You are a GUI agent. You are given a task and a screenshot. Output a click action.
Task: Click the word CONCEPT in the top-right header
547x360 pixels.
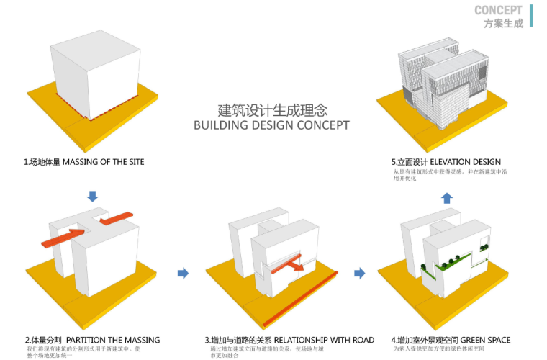point(498,10)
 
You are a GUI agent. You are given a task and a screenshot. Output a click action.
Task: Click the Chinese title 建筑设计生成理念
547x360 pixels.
point(272,111)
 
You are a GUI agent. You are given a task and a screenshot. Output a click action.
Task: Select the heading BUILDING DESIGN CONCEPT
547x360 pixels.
point(272,125)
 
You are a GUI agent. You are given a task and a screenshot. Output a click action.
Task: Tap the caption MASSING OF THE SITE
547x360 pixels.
point(103,162)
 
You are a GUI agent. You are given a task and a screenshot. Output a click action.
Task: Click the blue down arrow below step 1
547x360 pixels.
point(92,196)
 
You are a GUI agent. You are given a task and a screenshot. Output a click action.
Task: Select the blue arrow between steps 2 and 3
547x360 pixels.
point(183,273)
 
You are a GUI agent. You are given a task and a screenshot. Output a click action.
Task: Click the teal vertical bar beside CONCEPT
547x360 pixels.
point(531,15)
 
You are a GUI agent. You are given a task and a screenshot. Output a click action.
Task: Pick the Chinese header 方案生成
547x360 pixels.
point(503,23)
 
